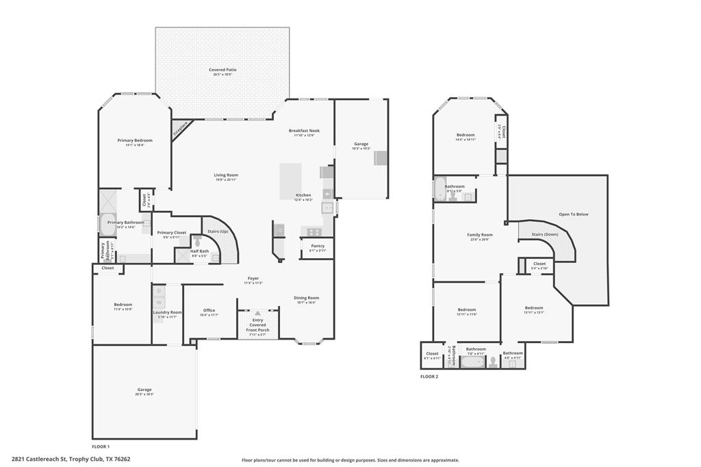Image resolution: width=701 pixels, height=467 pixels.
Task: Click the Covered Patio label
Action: coord(222,70)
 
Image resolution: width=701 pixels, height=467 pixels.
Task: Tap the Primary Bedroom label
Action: coord(134,140)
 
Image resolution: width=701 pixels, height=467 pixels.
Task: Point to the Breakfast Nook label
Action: coord(304,131)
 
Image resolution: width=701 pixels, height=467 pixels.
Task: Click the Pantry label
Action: coord(318,246)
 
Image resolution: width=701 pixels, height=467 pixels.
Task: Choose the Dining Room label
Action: coord(306,298)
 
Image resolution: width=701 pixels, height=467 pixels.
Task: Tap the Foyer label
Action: coord(253,279)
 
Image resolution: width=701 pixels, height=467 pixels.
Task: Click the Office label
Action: coord(209,311)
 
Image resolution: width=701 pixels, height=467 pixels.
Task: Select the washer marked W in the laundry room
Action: coord(159,302)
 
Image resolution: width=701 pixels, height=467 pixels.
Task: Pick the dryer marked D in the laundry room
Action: coord(159,291)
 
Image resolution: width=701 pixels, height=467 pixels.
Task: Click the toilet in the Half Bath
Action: coord(197,242)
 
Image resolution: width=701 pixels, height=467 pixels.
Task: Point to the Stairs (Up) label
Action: coord(218,231)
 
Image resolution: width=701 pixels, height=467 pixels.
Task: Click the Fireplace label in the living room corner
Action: coord(180,127)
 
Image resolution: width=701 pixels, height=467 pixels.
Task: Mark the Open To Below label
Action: coord(573,214)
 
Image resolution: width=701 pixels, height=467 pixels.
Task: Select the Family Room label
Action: coord(480,235)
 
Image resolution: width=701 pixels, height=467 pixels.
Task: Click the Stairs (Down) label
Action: coord(546,235)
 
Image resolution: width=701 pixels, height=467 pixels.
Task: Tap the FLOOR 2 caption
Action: coord(429,377)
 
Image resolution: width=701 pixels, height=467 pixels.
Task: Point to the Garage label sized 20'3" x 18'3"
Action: coord(144,390)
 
